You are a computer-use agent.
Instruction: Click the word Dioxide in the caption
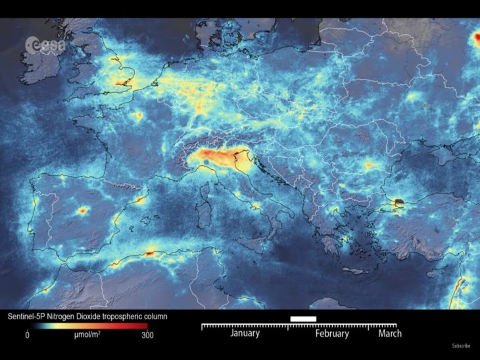[98, 317]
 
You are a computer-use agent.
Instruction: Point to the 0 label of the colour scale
[27, 335]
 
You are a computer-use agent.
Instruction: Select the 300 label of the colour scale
[148, 335]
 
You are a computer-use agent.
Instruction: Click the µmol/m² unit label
[86, 335]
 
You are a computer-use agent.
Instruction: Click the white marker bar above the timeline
[302, 319]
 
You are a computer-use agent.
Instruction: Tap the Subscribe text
[460, 345]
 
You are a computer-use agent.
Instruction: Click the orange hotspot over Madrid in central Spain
[83, 211]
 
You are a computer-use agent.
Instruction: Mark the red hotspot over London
[122, 84]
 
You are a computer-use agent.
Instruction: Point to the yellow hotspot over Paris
[139, 116]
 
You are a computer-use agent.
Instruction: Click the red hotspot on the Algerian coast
[151, 252]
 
